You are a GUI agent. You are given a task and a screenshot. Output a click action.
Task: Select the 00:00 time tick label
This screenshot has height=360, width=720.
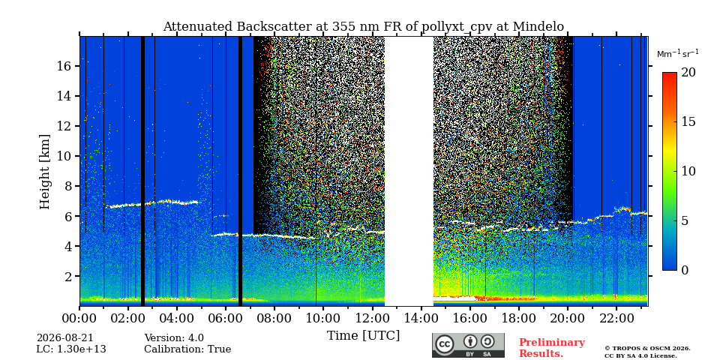click(79, 318)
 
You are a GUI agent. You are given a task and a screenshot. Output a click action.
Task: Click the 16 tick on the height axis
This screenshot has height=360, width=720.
click(65, 66)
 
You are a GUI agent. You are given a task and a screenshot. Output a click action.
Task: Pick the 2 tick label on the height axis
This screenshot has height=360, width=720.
click(69, 277)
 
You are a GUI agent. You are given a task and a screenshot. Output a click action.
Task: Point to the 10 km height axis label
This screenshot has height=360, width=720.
click(65, 156)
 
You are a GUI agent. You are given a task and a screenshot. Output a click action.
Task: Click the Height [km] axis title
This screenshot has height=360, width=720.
click(44, 172)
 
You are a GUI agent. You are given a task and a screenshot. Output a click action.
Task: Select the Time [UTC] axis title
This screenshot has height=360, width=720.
click(363, 336)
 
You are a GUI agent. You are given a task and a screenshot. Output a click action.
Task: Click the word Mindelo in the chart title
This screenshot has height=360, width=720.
click(538, 27)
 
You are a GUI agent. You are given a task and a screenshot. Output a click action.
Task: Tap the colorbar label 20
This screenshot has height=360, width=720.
click(688, 73)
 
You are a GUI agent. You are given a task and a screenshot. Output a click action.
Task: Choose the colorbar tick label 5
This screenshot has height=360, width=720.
click(685, 220)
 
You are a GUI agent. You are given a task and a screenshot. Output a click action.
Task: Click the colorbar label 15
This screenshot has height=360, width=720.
click(688, 122)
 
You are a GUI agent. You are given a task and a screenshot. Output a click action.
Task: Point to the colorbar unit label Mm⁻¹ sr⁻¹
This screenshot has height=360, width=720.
click(678, 54)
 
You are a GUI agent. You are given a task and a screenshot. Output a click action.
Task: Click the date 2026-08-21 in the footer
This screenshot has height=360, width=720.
click(64, 338)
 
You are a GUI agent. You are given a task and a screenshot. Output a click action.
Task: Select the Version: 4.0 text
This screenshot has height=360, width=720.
click(174, 338)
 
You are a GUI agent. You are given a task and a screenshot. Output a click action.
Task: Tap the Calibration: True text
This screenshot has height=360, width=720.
click(187, 349)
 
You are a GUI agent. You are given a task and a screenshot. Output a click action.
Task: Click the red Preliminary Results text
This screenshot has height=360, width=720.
click(552, 348)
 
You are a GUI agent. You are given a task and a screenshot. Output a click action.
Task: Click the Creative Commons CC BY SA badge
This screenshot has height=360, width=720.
click(468, 345)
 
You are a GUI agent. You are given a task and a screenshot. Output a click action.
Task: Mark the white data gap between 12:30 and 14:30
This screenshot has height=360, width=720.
click(409, 171)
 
